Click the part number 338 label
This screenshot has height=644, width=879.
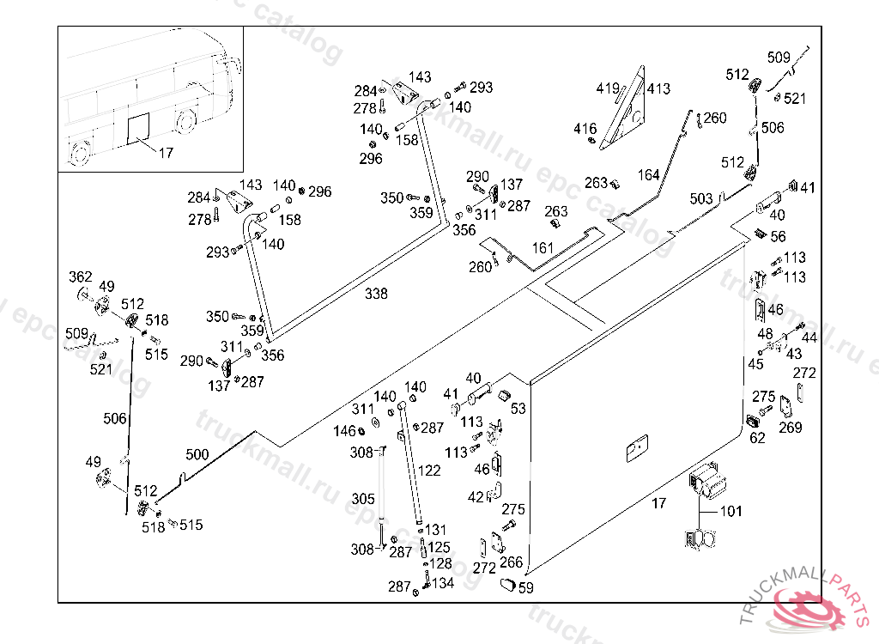[376, 294]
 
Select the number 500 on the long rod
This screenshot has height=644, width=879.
[197, 454]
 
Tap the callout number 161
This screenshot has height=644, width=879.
[543, 248]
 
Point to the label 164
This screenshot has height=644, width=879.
[649, 176]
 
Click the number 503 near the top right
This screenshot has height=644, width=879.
[701, 199]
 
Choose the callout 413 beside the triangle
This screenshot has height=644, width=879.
[658, 88]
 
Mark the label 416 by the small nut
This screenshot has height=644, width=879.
[585, 129]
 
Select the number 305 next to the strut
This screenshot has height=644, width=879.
[363, 499]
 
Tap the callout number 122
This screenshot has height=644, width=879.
[429, 471]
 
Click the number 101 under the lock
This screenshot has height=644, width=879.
[730, 513]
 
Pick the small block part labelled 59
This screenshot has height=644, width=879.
[507, 585]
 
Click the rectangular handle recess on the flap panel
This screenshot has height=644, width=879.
[637, 448]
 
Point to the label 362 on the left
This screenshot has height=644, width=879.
[80, 276]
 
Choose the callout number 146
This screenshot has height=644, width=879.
[344, 430]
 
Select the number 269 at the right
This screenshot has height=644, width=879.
[790, 428]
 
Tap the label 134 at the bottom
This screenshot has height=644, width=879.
[443, 584]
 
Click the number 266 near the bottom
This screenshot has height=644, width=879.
[511, 562]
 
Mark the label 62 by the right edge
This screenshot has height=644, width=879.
[757, 438]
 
